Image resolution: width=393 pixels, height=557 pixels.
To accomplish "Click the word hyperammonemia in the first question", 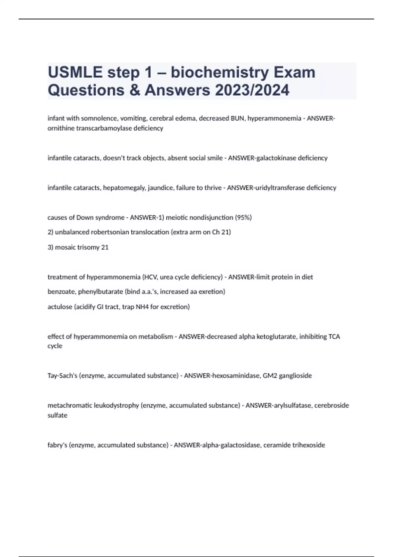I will (274, 118).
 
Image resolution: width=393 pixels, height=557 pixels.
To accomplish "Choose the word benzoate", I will (62, 292).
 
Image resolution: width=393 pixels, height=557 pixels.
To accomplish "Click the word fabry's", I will (57, 445).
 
